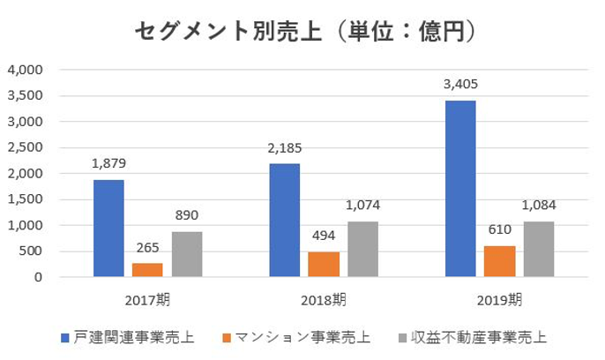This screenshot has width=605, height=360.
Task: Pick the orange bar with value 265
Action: pos(146,270)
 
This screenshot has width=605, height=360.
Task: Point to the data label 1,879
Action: pos(107,164)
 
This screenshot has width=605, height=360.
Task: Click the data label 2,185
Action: pos(284,147)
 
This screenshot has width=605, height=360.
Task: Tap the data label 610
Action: pos(498,230)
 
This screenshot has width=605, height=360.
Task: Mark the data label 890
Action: pos(186,215)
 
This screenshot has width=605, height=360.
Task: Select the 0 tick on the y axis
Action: pos(38,278)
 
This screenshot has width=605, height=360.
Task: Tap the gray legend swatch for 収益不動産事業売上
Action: pos(404,337)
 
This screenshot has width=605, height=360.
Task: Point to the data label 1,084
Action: pos(538,206)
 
